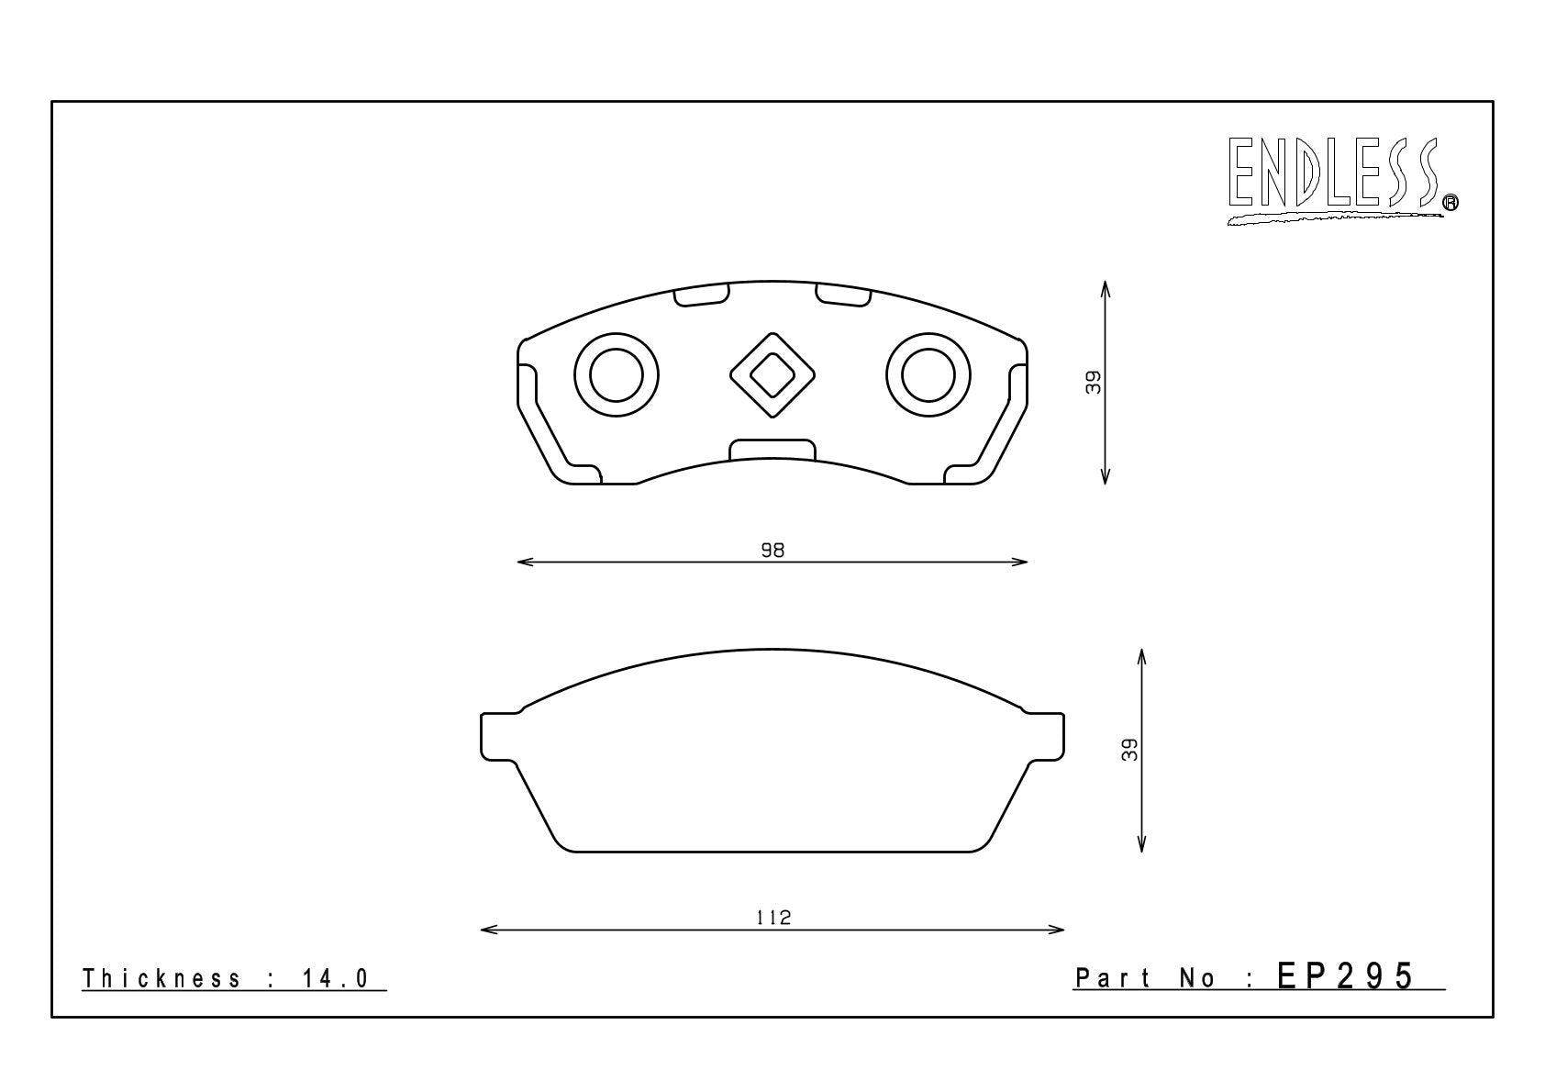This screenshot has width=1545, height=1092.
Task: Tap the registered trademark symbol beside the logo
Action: [1451, 202]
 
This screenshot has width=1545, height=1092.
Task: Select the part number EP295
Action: [1345, 976]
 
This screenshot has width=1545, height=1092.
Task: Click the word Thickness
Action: [161, 978]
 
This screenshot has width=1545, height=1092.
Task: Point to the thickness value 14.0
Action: [336, 978]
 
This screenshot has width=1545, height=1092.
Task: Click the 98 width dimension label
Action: [772, 550]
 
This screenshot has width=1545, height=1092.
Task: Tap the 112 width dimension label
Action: [773, 918]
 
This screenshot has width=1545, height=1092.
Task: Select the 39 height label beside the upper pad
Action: [1094, 382]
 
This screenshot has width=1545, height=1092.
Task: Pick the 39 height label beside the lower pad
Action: [1129, 750]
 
